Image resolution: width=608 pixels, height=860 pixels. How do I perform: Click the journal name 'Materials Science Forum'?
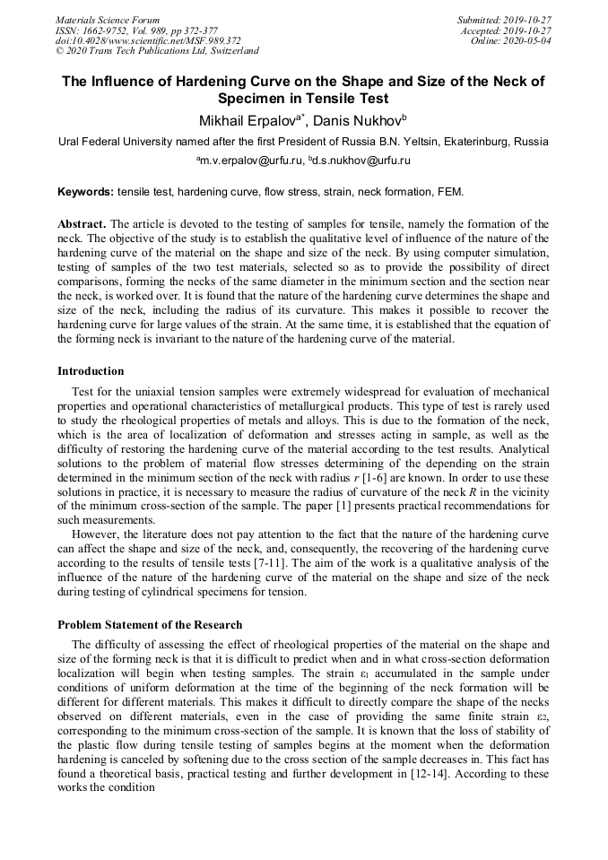108,20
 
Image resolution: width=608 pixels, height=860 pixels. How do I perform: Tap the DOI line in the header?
147,40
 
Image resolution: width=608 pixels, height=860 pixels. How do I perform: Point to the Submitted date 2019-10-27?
506,20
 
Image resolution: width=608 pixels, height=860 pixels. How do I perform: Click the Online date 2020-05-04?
512,40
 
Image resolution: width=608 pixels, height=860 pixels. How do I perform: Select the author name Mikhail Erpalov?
248,121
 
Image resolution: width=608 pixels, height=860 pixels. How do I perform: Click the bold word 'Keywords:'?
85,192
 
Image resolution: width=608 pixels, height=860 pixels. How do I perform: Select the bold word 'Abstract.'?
83,223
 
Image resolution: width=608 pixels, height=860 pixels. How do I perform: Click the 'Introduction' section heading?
91,371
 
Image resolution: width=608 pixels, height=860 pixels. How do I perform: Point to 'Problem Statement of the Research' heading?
150,625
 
